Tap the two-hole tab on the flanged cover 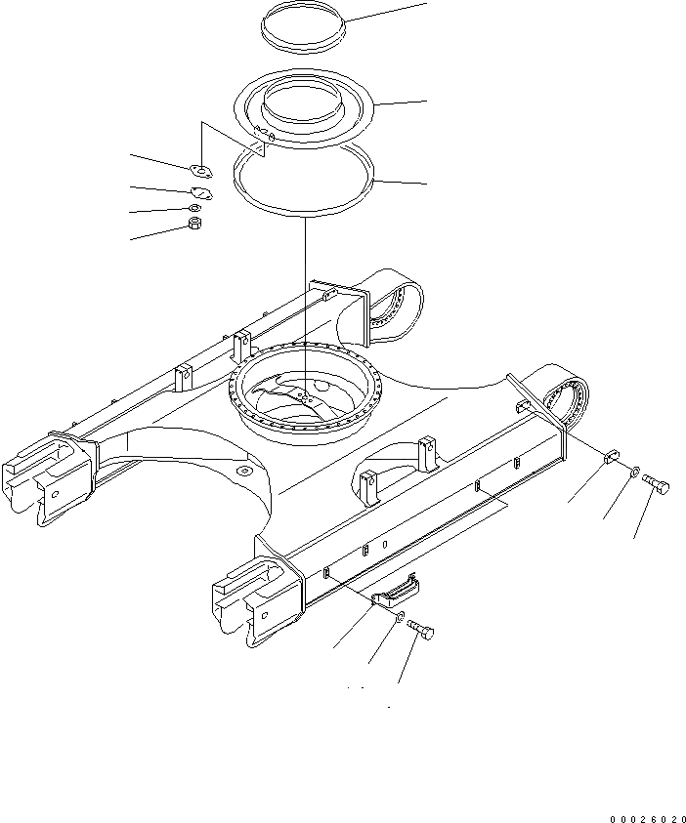(x=259, y=137)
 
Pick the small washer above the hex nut (x=194, y=208)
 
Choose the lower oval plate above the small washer (x=201, y=191)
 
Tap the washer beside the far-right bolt (x=634, y=473)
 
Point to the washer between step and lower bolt (x=402, y=617)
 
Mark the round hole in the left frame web (x=242, y=473)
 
